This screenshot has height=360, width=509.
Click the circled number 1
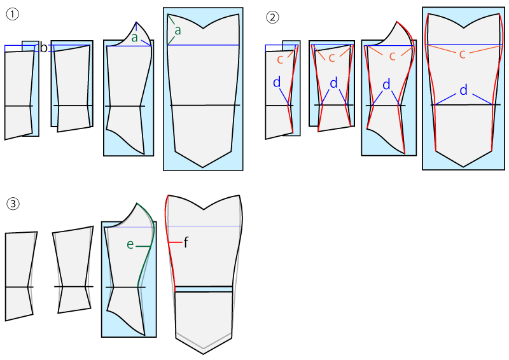[13, 14]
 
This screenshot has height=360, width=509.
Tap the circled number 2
[272, 17]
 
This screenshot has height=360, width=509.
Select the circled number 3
[13, 204]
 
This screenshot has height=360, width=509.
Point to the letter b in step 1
[43, 48]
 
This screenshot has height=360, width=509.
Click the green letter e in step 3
[130, 244]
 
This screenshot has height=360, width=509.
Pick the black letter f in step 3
[186, 242]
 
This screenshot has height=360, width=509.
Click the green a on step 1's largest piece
[178, 31]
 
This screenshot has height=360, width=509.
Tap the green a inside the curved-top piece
[134, 38]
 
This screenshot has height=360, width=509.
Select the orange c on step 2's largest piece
[463, 54]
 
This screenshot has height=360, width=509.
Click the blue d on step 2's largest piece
[464, 90]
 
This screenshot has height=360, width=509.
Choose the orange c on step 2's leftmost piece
[280, 59]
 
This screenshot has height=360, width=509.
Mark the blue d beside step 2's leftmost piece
[277, 82]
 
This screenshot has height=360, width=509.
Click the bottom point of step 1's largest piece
[203, 167]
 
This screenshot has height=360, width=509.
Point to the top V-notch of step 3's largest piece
[204, 210]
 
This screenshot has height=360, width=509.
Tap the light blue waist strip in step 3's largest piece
[204, 289]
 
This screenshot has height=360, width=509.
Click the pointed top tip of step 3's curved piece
[137, 203]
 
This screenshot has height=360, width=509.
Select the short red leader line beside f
[176, 242]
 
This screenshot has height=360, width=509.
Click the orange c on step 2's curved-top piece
[392, 57]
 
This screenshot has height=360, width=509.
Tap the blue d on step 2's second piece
[333, 83]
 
